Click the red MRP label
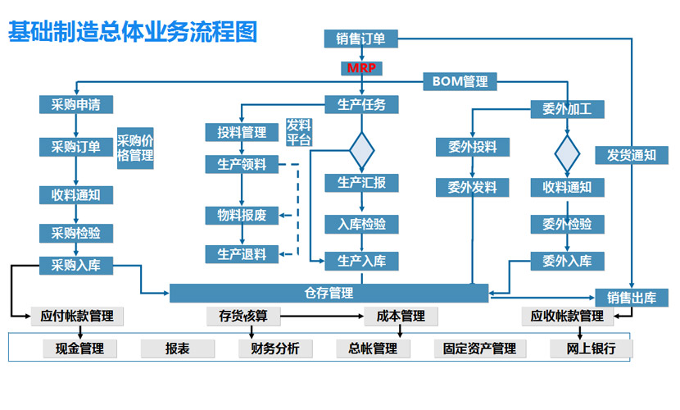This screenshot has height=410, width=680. (x=361, y=67)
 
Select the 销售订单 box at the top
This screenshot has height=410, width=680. (x=361, y=39)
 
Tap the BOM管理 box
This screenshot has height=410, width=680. (x=460, y=81)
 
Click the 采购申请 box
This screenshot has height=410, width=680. (x=76, y=105)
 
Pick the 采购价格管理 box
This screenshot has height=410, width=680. (x=136, y=148)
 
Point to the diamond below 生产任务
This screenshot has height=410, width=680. (x=361, y=149)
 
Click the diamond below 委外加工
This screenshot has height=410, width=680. (x=567, y=153)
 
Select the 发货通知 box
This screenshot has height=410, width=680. (x=631, y=154)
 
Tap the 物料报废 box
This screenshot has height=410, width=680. (x=242, y=216)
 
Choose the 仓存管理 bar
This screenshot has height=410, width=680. (x=329, y=293)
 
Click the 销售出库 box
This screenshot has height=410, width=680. (x=632, y=298)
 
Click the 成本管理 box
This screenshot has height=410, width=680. (x=401, y=316)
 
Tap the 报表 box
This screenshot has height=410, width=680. (x=177, y=348)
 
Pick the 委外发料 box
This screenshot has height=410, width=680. (x=473, y=187)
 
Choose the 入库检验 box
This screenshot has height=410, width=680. (x=361, y=224)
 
